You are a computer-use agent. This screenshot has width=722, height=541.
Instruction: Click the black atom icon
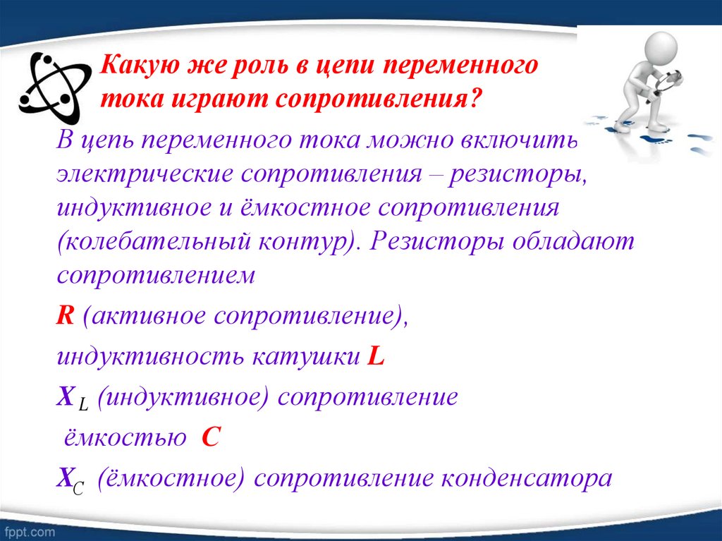point(54,87)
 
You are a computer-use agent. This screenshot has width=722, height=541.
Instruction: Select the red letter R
point(66,315)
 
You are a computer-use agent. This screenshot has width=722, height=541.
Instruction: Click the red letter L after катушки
point(376,356)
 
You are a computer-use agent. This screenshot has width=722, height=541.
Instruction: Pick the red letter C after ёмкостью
point(212,438)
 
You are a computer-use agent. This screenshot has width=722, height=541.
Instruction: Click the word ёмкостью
point(121,438)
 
